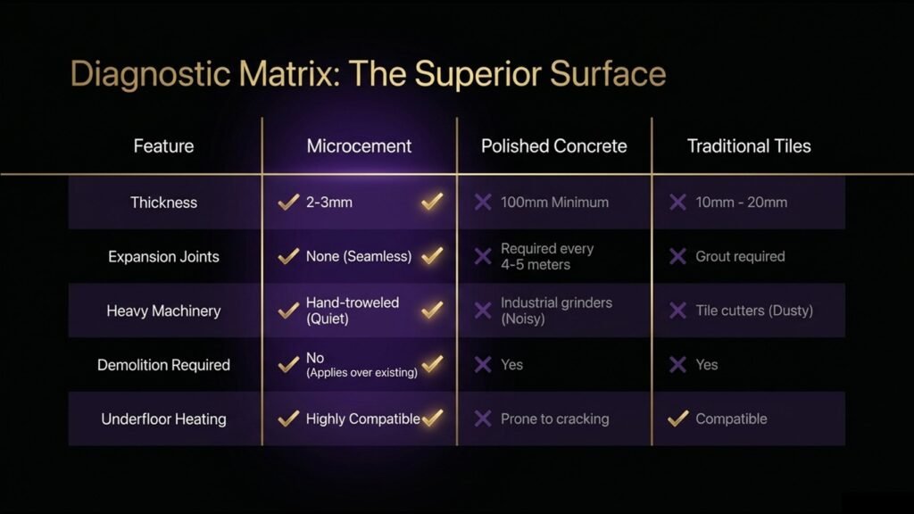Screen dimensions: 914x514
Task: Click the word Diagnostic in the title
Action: [150, 75]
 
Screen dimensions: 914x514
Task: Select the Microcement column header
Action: [359, 145]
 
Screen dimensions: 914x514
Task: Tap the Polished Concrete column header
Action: [553, 145]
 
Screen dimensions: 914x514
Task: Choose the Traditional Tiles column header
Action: [749, 145]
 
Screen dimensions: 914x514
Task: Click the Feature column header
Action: [164, 145]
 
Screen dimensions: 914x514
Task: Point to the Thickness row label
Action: [164, 203]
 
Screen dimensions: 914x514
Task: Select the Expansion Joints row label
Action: [164, 256]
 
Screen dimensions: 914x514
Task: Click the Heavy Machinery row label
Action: [164, 311]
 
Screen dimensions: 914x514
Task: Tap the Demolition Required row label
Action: [164, 365]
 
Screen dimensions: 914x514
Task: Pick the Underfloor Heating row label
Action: [164, 419]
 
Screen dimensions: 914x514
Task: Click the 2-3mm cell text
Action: [329, 203]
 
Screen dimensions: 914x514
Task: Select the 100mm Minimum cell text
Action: [555, 203]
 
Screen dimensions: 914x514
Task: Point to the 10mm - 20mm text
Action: [742, 203]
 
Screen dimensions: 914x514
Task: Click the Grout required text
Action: [740, 256]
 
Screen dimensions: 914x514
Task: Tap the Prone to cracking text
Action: [555, 419]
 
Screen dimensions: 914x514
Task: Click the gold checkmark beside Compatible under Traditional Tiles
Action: [678, 419]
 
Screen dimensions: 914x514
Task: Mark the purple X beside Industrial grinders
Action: [483, 311]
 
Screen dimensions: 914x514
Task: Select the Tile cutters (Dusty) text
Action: [754, 311]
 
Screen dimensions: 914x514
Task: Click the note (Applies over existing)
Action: [362, 373]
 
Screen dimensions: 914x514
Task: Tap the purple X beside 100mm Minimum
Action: [483, 203]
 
